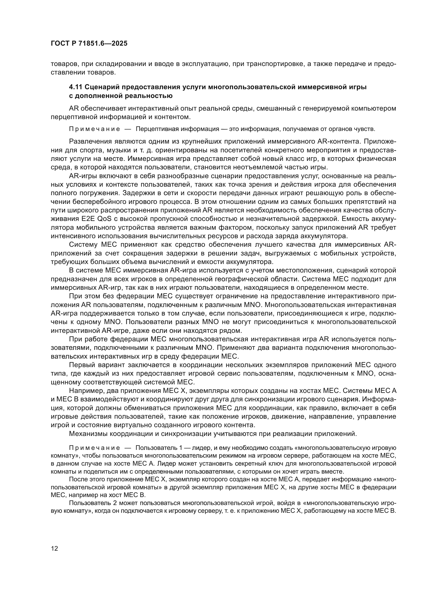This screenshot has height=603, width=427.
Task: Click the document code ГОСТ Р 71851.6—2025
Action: [89, 44]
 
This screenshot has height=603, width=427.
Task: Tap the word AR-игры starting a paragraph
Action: [81, 176]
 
